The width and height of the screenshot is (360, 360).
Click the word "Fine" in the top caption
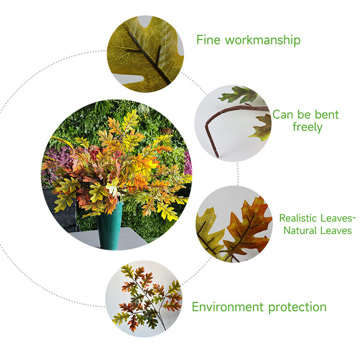(x=208, y=40)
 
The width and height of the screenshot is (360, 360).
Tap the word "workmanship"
(x=263, y=40)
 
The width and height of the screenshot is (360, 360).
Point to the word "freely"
(x=308, y=127)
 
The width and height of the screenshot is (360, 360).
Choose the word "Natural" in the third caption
(x=300, y=230)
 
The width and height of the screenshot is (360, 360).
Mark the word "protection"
(x=297, y=307)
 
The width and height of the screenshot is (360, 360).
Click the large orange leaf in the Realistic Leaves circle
(x=248, y=227)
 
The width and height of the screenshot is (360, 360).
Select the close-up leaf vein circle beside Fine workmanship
(x=145, y=54)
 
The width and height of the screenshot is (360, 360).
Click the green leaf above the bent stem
(x=239, y=94)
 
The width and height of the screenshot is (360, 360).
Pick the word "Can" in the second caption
(x=283, y=115)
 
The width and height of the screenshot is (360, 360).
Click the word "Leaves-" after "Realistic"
(x=338, y=218)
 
